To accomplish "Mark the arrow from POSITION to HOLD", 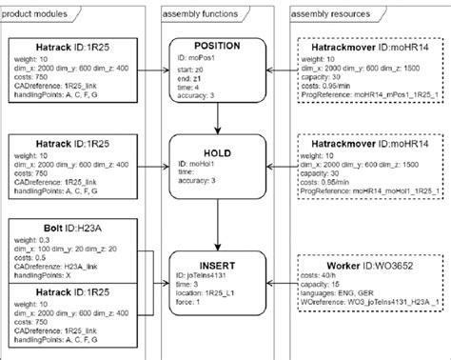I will tap(218, 115).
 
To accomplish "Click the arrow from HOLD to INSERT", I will tap(218, 217).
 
